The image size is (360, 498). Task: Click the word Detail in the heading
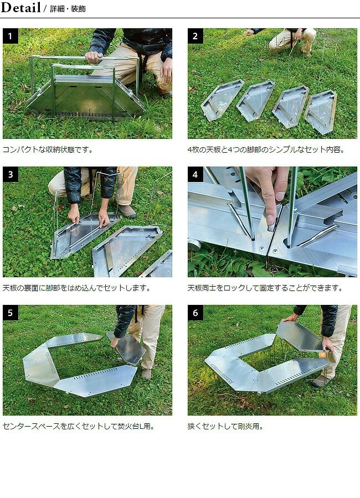coord(21,8)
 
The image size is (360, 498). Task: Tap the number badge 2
coord(196,37)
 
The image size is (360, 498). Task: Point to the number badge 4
coord(196,175)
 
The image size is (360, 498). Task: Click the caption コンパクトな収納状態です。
coord(48,149)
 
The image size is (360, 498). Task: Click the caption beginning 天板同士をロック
coord(265,288)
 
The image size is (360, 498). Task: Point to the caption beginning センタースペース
coord(78,426)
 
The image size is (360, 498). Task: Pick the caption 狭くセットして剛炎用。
coord(225,426)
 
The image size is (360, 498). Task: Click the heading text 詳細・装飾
coord(68,9)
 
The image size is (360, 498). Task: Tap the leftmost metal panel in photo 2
coord(220,101)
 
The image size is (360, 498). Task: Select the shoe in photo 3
coord(126,211)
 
